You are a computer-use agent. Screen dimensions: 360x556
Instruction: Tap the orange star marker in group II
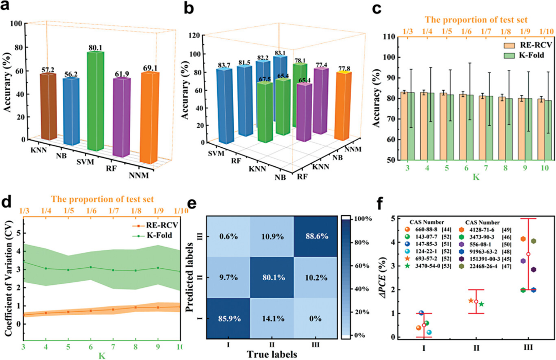[x=471, y=300]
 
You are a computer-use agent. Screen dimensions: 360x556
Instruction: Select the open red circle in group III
[x=528, y=254]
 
